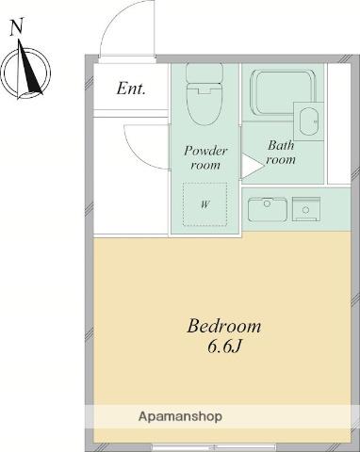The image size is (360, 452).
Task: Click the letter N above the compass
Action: pyautogui.click(x=17, y=26)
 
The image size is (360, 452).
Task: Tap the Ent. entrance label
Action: pyautogui.click(x=131, y=89)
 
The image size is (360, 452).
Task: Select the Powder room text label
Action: pyautogui.click(x=205, y=157)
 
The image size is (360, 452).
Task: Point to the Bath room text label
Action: pyautogui.click(x=281, y=153)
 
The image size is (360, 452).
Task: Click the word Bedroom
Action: pyautogui.click(x=224, y=326)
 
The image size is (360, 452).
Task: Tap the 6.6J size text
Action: pyautogui.click(x=224, y=347)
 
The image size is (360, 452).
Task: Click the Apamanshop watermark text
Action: pyautogui.click(x=180, y=416)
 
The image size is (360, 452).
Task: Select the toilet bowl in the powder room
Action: pyautogui.click(x=205, y=104)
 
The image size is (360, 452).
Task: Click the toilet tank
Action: pyautogui.click(x=205, y=73)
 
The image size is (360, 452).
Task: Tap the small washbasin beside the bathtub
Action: pyautogui.click(x=308, y=121)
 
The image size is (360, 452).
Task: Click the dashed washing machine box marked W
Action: pyautogui.click(x=205, y=204)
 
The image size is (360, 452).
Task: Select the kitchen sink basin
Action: pyautogui.click(x=268, y=209)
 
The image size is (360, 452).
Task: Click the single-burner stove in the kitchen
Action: pyautogui.click(x=306, y=209)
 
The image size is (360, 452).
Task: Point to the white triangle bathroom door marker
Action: pyautogui.click(x=252, y=166)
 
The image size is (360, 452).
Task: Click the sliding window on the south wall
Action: pyautogui.click(x=214, y=447)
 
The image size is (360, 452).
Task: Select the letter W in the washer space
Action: pyautogui.click(x=205, y=205)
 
